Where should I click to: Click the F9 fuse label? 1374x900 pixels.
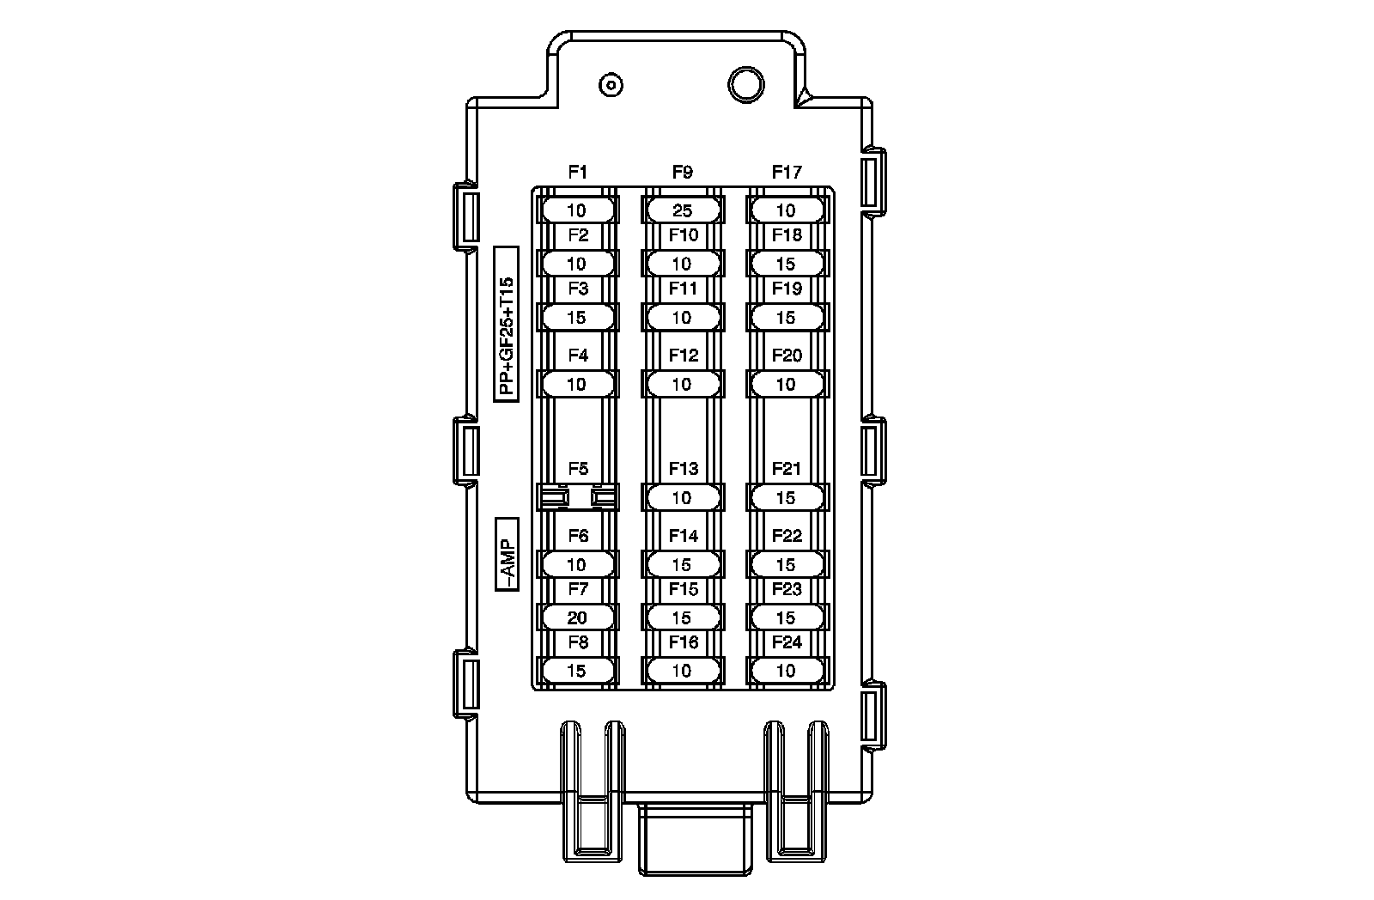tap(682, 173)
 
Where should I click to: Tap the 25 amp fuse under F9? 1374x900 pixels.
tap(683, 210)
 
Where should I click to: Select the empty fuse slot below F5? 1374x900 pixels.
tap(578, 497)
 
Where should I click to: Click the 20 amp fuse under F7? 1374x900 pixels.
tap(577, 617)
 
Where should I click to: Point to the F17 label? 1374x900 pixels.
tap(787, 173)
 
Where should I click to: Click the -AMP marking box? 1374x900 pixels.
tap(508, 555)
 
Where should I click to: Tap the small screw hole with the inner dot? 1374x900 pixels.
tap(611, 85)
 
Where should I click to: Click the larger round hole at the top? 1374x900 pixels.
tap(746, 85)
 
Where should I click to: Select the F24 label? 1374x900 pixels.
tap(787, 642)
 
